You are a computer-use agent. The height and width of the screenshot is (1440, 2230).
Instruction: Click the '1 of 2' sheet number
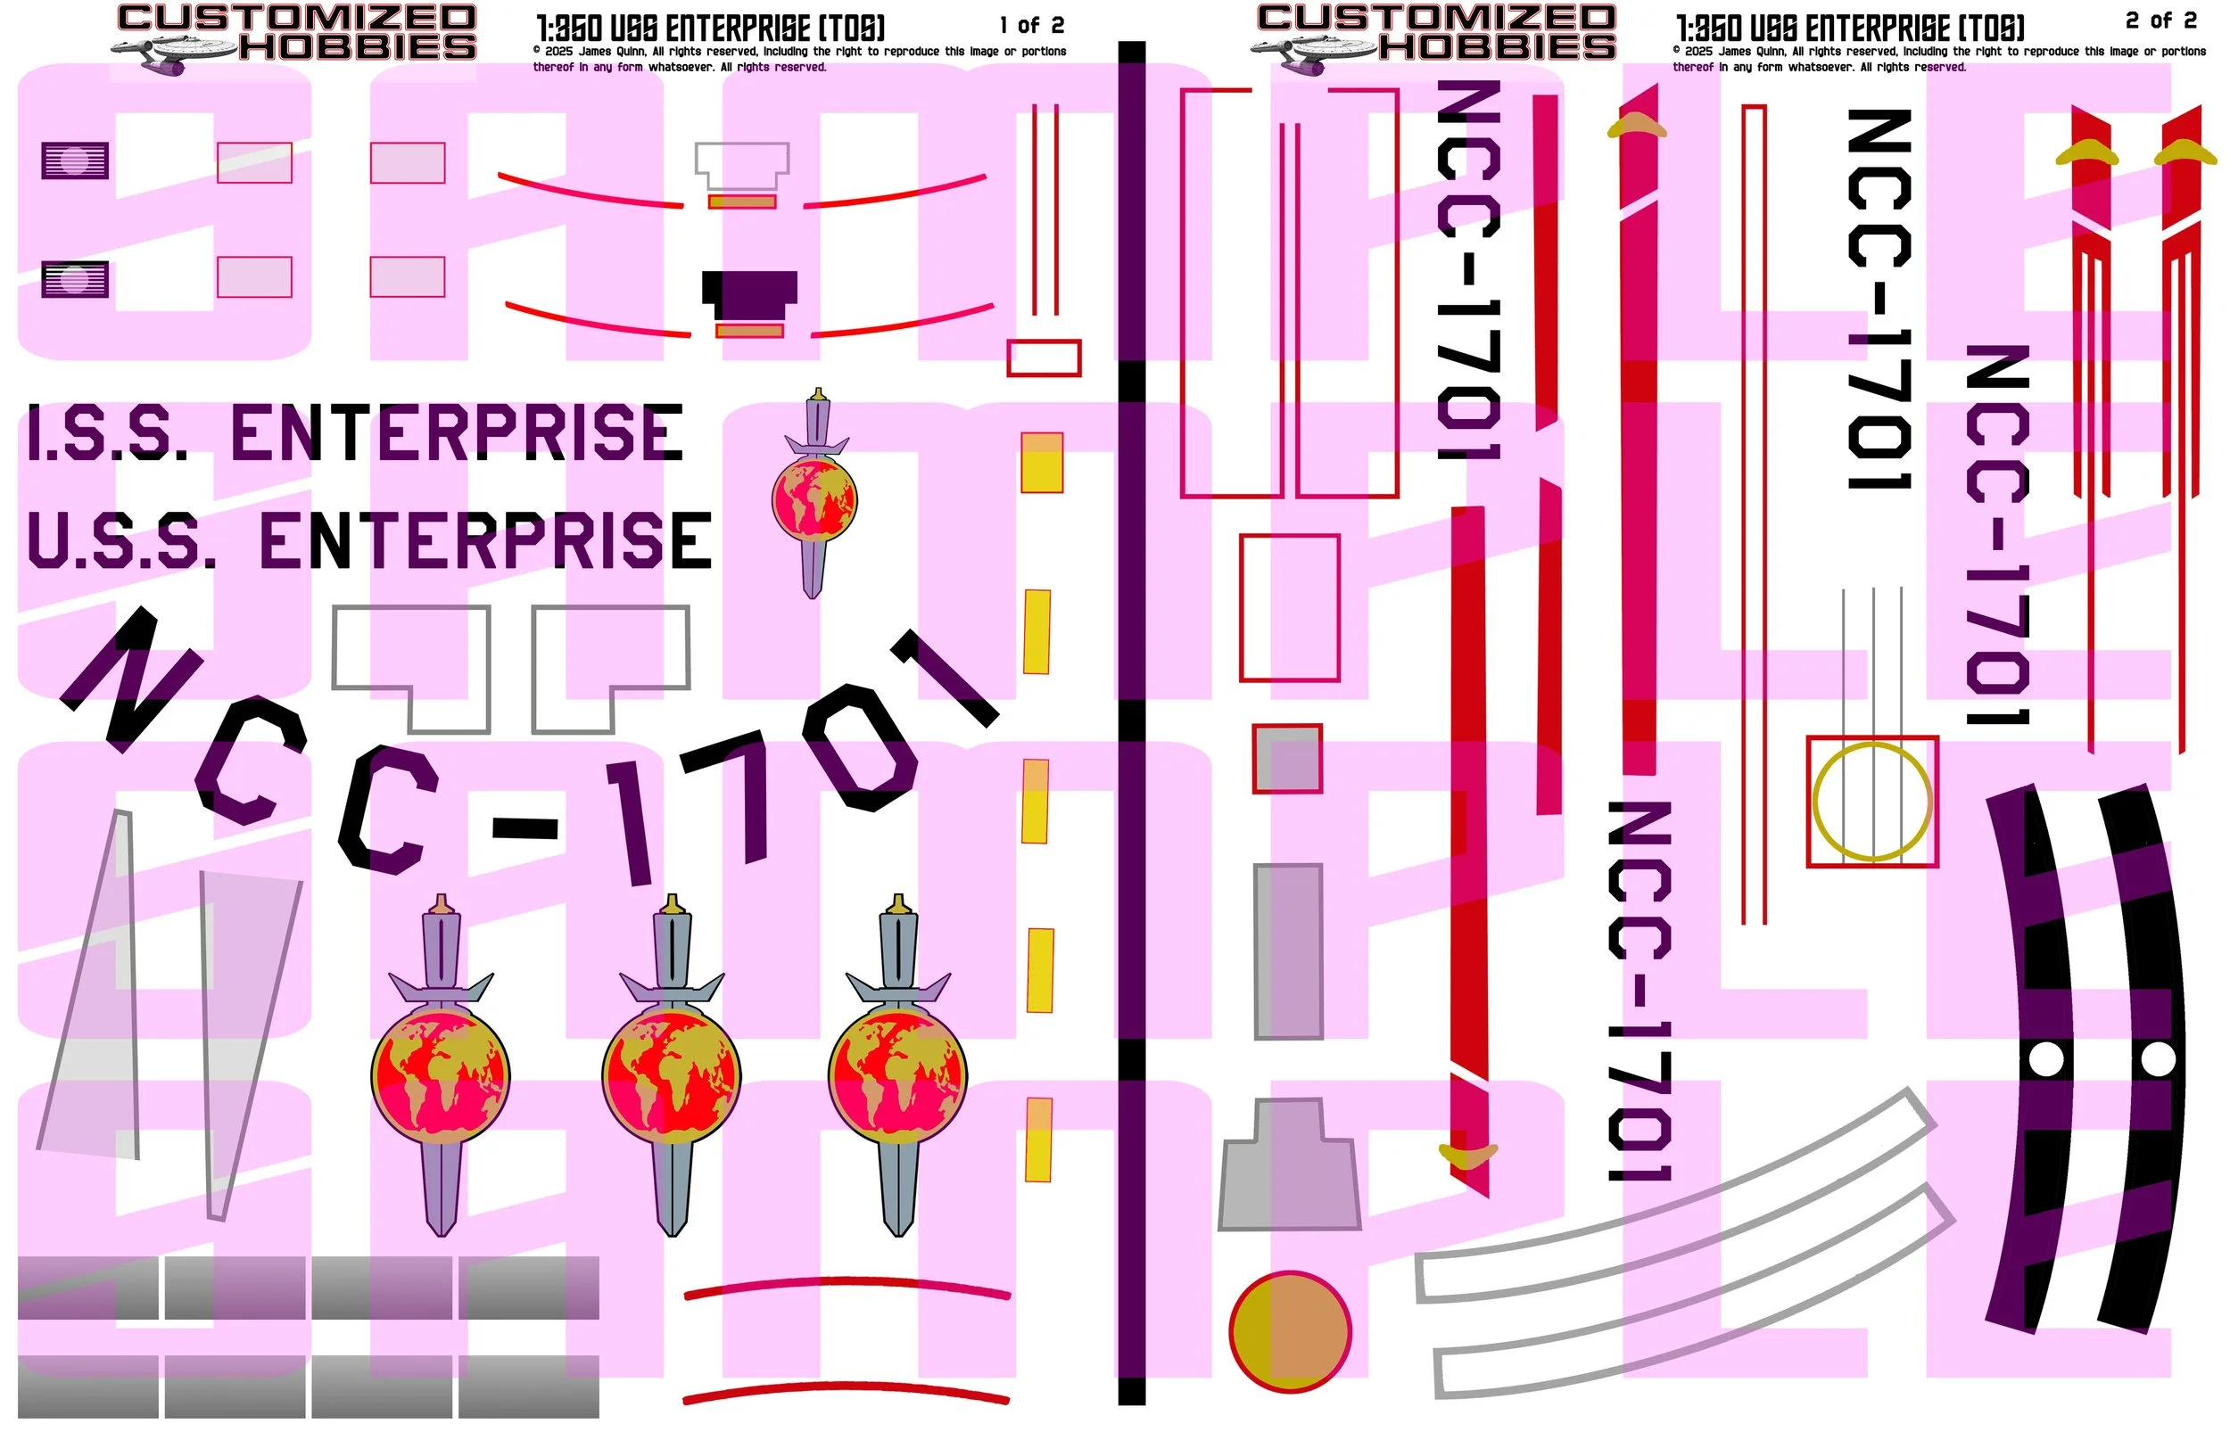(x=1031, y=25)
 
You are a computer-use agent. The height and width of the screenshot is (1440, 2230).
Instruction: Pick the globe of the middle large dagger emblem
(x=672, y=1075)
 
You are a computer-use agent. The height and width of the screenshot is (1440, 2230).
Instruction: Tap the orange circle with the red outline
(x=1290, y=1331)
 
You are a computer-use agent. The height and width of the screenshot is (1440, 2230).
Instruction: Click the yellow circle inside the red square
(x=1871, y=802)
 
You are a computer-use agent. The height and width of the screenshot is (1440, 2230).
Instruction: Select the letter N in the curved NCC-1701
(x=131, y=678)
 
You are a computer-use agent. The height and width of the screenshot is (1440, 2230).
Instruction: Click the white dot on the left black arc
(x=2045, y=1059)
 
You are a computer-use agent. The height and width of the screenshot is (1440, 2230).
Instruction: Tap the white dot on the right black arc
(x=2158, y=1059)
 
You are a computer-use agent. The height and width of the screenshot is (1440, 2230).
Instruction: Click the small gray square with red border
(x=1287, y=758)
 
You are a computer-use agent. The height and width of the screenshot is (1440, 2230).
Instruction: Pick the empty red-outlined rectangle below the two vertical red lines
(x=1044, y=358)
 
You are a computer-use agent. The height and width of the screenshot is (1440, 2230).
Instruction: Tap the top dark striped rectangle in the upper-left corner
(x=75, y=160)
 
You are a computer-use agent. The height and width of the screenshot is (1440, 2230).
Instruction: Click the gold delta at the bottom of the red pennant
(x=1467, y=1156)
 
